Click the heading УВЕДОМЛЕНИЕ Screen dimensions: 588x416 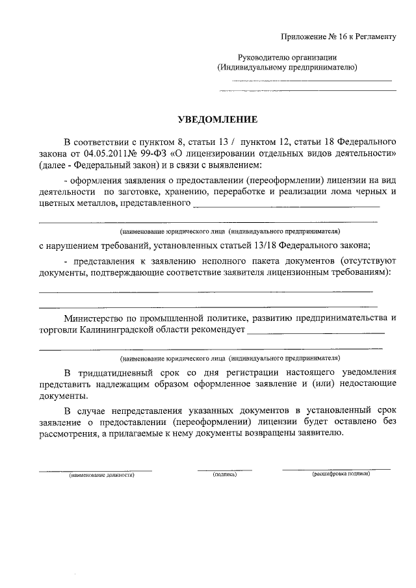pos(218,120)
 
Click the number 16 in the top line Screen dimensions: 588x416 pos(333,37)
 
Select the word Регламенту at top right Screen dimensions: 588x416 pos(374,37)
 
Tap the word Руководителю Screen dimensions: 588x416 pos(267,57)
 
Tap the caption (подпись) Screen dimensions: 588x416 pos(224,476)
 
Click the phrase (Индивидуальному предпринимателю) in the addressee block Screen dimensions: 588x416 pos(287,68)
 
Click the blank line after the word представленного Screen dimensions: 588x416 pos(286,207)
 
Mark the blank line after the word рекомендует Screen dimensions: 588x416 pos(316,333)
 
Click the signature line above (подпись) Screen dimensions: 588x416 pos(224,469)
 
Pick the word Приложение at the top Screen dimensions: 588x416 pos(304,37)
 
